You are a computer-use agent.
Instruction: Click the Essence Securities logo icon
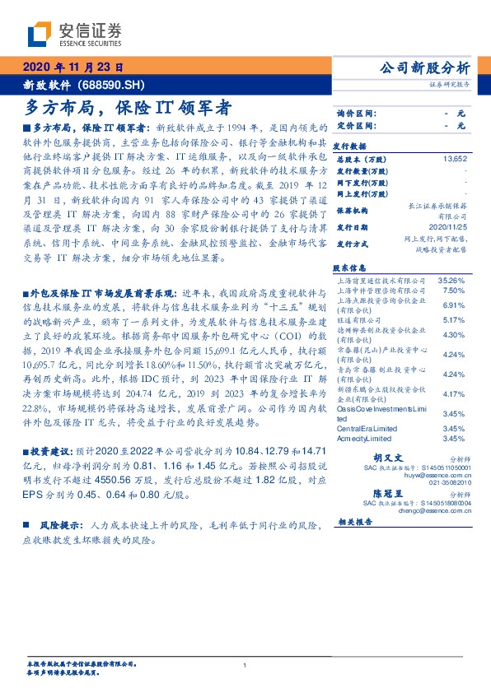click(38, 35)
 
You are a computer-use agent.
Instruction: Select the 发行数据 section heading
click(350, 142)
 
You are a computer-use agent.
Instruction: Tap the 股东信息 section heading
click(350, 268)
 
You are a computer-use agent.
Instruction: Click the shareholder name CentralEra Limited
click(367, 429)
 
